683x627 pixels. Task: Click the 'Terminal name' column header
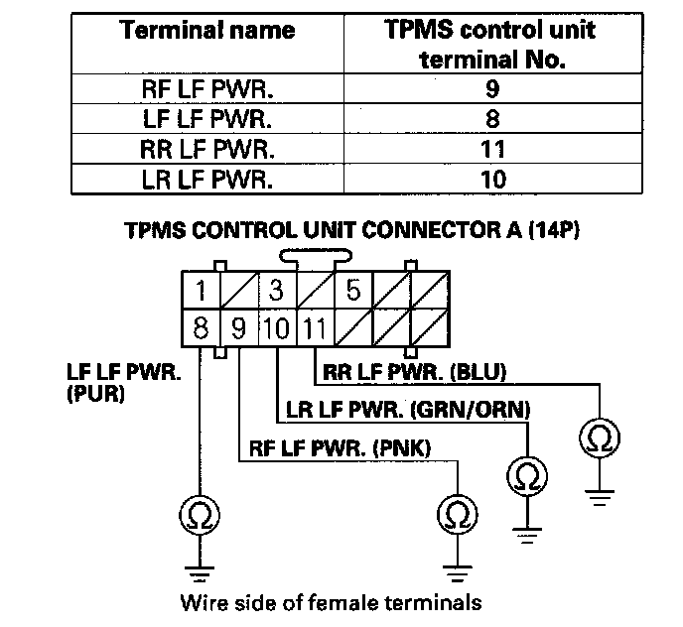(x=207, y=30)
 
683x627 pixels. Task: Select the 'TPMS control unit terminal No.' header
(x=490, y=44)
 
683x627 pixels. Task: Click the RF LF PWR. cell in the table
(x=207, y=87)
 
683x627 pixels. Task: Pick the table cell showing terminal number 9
(x=490, y=87)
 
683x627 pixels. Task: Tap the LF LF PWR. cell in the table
(x=207, y=118)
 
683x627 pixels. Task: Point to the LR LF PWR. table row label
(x=207, y=180)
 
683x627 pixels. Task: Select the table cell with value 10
(x=490, y=180)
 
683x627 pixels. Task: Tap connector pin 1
(x=202, y=292)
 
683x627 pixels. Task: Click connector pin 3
(x=276, y=292)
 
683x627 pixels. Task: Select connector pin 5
(x=352, y=292)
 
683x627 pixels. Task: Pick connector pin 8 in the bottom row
(x=201, y=326)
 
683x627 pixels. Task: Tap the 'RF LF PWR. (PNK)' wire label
(x=340, y=448)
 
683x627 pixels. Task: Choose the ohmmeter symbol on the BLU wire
(x=598, y=438)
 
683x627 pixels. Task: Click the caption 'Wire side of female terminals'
(x=331, y=601)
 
